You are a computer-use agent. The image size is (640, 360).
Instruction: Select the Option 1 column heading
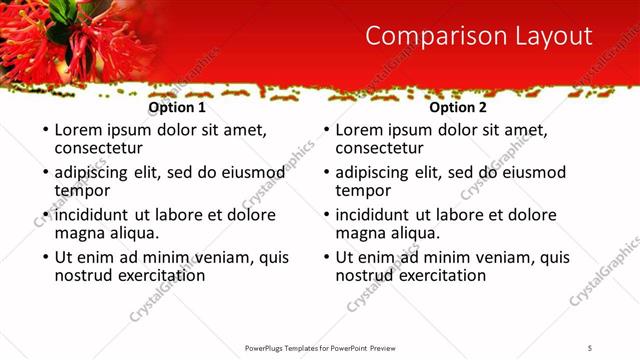click(177, 107)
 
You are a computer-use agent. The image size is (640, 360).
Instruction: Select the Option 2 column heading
click(458, 107)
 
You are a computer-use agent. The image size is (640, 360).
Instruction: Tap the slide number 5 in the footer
click(590, 347)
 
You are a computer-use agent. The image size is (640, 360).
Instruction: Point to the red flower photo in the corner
click(70, 35)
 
